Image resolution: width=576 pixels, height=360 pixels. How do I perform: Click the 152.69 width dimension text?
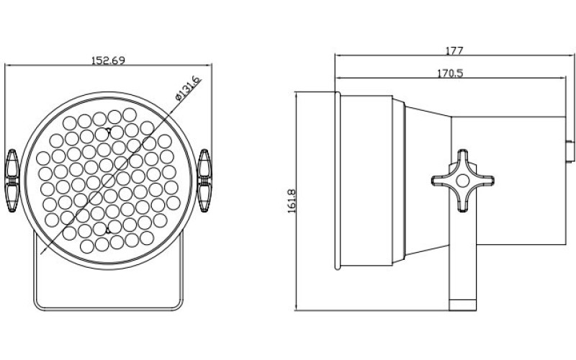click(108, 60)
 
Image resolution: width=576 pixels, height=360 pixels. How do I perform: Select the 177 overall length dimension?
click(454, 51)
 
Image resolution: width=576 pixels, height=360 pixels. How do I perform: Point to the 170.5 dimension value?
click(449, 72)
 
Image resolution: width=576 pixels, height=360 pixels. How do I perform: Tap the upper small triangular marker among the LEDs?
click(109, 131)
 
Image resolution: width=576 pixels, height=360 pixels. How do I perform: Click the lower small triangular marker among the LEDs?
click(108, 230)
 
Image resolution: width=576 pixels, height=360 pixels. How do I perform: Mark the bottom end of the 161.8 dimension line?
click(299, 311)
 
